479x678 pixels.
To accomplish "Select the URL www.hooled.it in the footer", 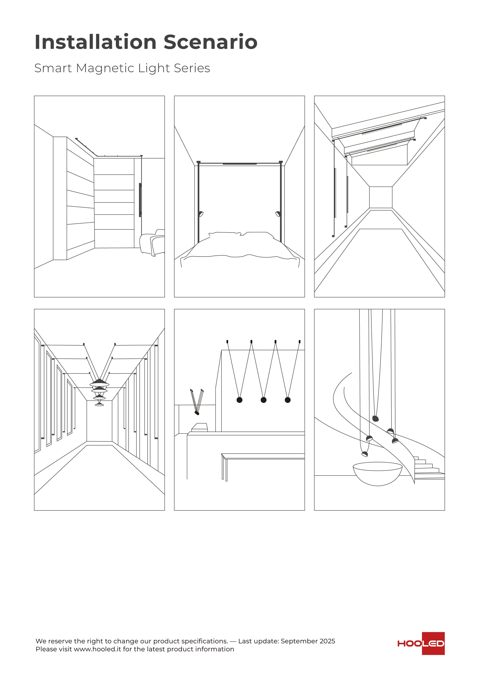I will coord(97,649).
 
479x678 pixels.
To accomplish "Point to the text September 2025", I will coord(308,641).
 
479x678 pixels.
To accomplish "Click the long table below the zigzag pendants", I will coord(263,457).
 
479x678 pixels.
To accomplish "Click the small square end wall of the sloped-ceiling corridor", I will coord(381,197).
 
